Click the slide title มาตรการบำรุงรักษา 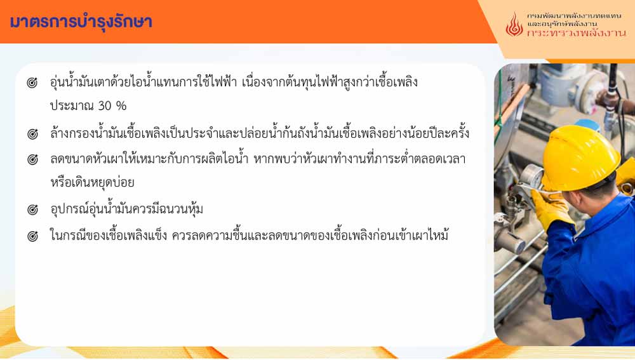(81, 22)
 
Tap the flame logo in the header (514, 25)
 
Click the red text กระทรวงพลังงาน (577, 33)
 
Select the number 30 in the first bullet (105, 106)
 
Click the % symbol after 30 (121, 106)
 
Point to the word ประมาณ (72, 106)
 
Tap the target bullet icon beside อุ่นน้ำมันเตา (32, 83)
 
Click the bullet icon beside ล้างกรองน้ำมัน (32, 133)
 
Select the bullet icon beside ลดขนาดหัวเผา (32, 159)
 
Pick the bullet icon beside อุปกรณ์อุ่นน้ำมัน (32, 210)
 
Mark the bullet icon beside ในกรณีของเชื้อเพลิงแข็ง (32, 236)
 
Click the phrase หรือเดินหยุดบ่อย (92, 182)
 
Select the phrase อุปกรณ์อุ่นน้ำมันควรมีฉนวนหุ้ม (127, 209)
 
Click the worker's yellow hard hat (580, 158)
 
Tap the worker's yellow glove (551, 208)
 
